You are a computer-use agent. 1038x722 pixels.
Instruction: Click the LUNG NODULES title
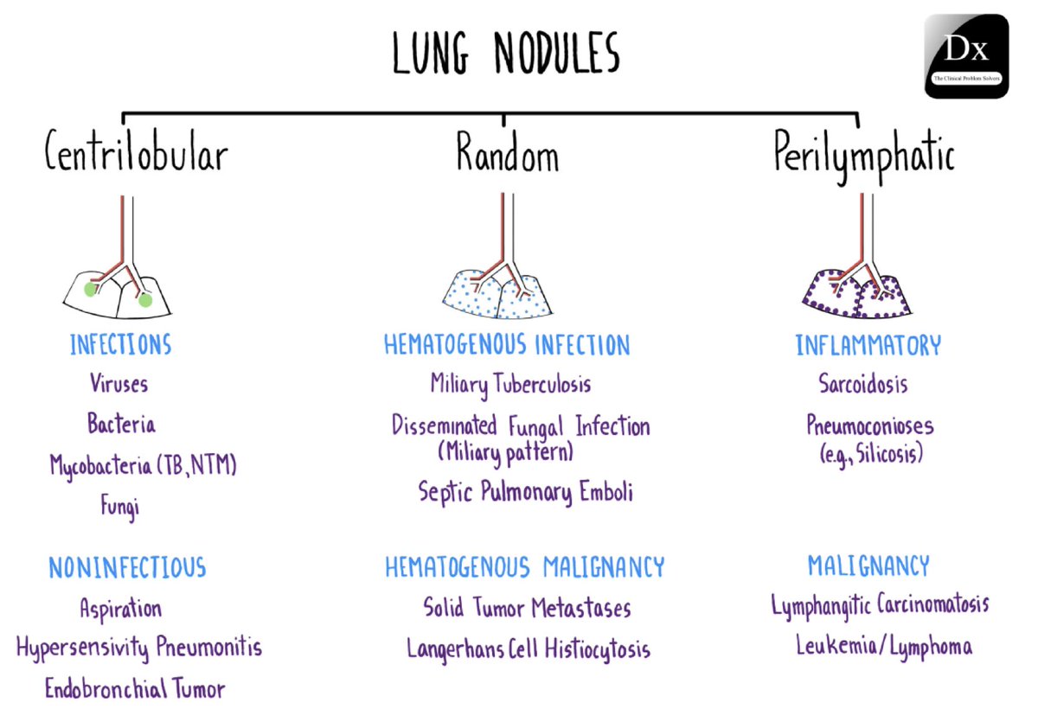506,54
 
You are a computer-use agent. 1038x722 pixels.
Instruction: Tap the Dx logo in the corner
966,56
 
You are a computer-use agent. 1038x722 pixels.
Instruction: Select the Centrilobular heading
137,157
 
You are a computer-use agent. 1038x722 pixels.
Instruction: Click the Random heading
507,157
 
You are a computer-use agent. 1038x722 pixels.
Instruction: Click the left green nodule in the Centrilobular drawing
89,291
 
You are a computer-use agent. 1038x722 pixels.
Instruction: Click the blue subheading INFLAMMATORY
868,346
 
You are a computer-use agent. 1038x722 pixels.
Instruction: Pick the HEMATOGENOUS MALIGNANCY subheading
525,567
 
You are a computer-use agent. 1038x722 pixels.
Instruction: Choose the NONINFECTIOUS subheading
127,567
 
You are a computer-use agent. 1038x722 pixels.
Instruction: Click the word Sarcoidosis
862,383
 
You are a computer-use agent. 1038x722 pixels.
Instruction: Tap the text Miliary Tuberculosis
510,383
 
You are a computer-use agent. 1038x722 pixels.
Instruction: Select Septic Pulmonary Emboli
525,492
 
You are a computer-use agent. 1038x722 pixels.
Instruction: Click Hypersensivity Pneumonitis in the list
138,647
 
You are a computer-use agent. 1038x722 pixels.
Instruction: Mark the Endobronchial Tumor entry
134,689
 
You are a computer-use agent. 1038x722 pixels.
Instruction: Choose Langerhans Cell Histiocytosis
528,649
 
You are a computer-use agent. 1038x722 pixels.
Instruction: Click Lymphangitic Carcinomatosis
880,604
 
